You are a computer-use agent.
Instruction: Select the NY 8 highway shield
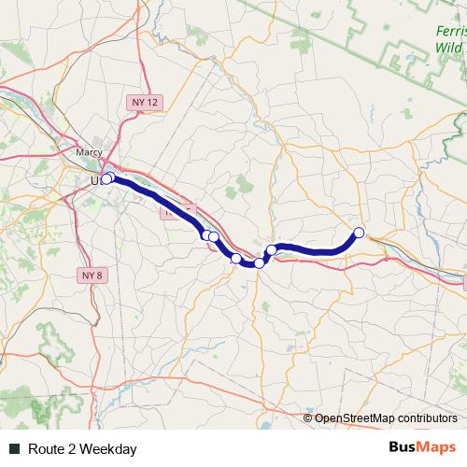pyautogui.click(x=91, y=276)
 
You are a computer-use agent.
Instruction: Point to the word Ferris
pyautogui.click(x=450, y=30)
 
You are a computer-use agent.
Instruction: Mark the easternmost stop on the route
pyautogui.click(x=359, y=232)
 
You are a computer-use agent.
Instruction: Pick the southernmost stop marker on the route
pyautogui.click(x=259, y=263)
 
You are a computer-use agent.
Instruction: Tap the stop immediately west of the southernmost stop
pyautogui.click(x=236, y=259)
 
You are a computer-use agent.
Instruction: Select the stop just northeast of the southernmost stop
pyautogui.click(x=272, y=249)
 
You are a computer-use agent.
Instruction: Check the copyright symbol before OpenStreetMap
pyautogui.click(x=308, y=419)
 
